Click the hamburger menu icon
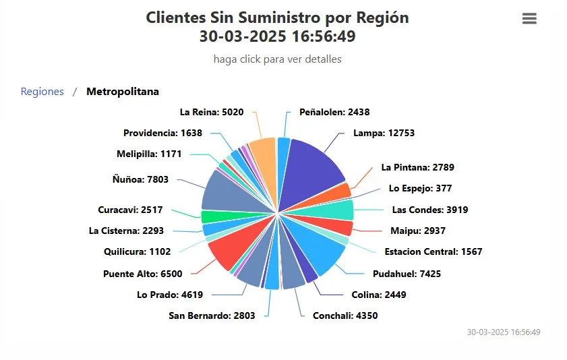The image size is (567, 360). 529,19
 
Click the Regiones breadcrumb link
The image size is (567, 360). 42,92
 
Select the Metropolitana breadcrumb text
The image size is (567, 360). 123,92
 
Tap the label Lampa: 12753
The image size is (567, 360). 384,133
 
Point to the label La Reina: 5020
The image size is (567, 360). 212,112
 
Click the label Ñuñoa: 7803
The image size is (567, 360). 140,179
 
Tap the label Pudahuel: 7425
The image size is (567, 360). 407,274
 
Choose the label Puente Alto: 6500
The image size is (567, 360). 142,274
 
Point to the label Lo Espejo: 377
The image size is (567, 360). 420,188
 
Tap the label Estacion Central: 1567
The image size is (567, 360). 433,252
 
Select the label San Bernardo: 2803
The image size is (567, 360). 212,315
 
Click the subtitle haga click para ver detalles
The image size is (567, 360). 277,59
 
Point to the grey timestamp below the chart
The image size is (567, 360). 503,332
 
